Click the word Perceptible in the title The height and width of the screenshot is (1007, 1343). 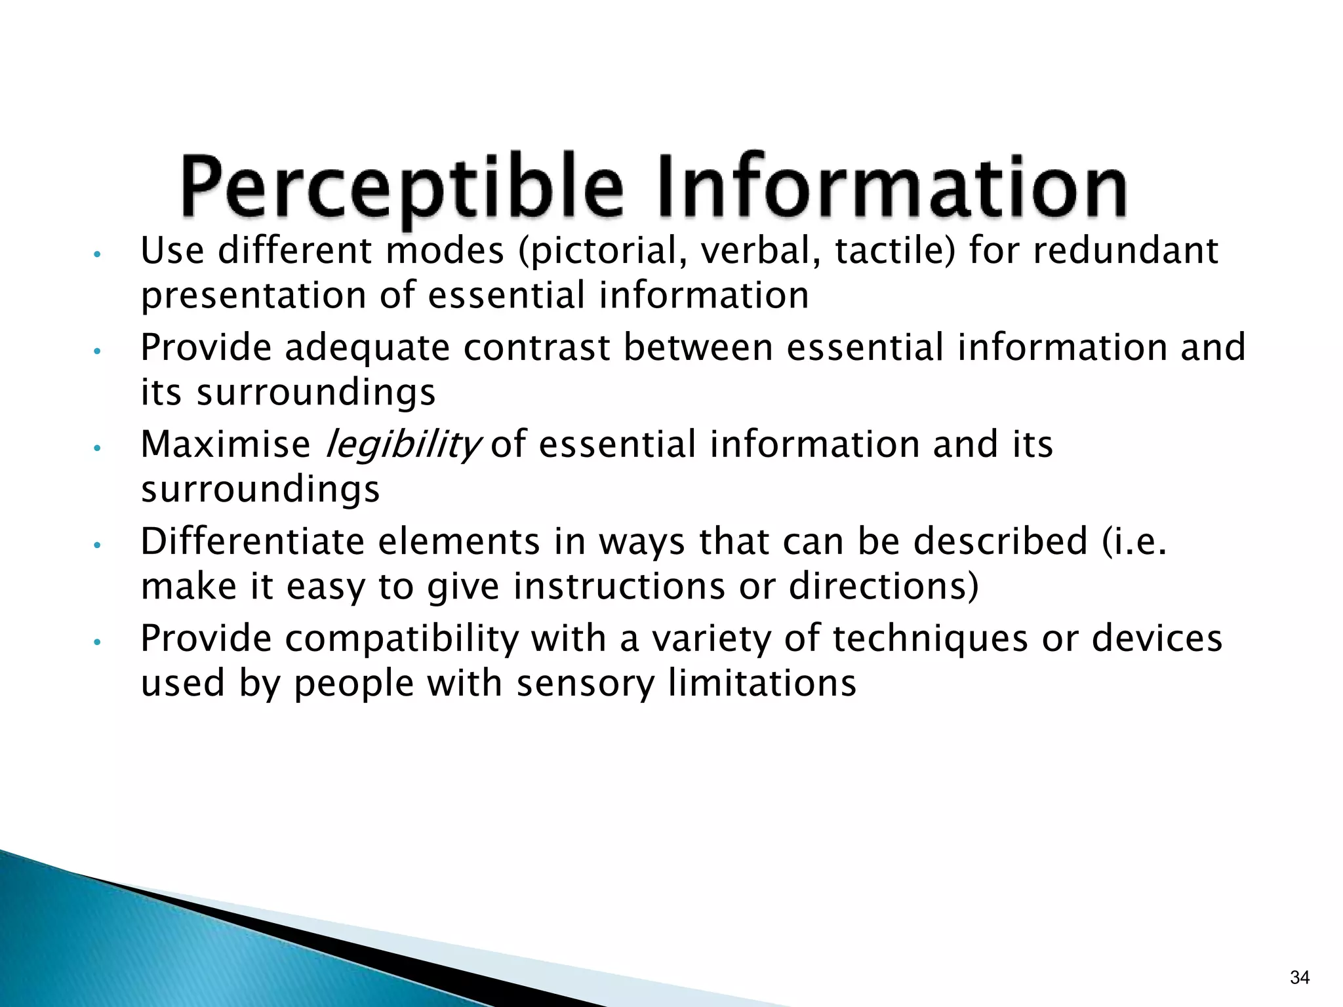click(x=401, y=187)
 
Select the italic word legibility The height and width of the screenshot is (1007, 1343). click(x=403, y=445)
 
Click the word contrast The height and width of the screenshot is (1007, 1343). click(x=537, y=347)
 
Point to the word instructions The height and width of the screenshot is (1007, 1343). click(x=619, y=586)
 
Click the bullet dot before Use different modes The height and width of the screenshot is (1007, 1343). click(x=96, y=254)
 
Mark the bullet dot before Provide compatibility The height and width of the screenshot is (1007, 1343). click(x=96, y=642)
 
